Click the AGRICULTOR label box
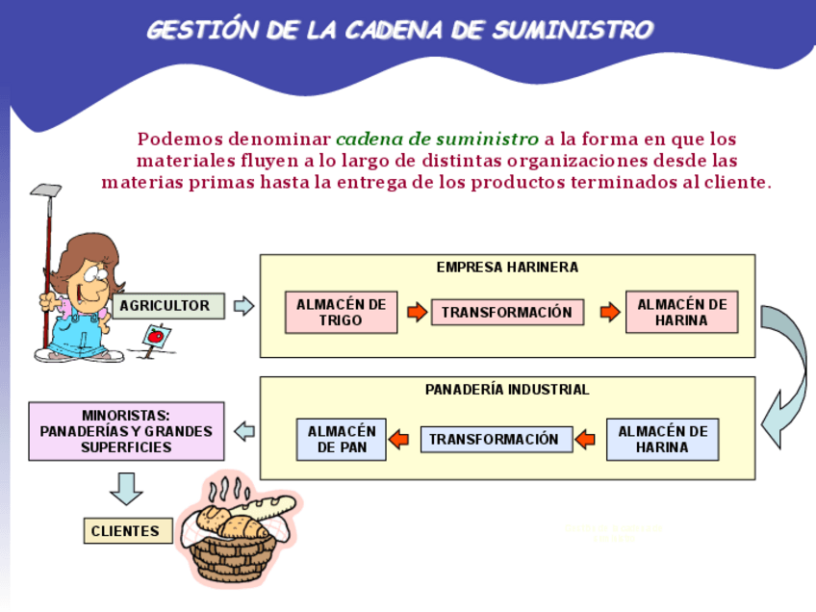point(168,306)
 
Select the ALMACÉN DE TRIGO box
point(341,313)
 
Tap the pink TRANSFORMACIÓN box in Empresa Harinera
point(507,312)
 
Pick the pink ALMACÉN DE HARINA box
point(681,313)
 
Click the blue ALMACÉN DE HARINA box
point(662,440)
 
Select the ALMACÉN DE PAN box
point(341,440)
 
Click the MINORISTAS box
point(126,431)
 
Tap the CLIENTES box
point(127,531)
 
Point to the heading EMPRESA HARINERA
point(507,268)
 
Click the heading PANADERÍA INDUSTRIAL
point(507,390)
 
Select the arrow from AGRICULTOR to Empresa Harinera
point(243,306)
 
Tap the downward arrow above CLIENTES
point(126,488)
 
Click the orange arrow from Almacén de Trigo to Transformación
point(417,312)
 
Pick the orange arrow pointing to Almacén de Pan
point(398,440)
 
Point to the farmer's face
point(94,279)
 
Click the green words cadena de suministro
point(437,139)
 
